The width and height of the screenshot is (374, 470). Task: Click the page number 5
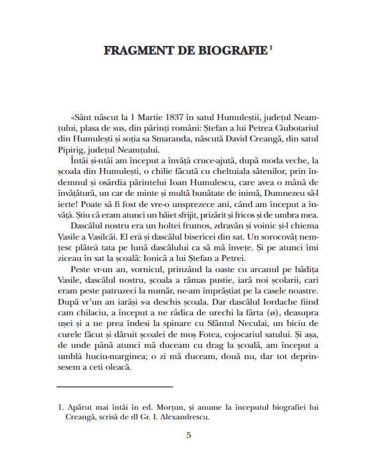coord(189,435)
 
